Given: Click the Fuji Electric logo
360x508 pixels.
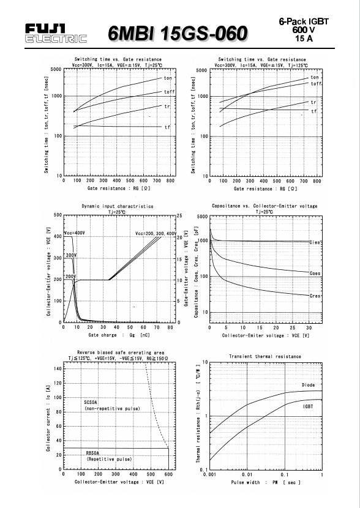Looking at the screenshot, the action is click(56, 34).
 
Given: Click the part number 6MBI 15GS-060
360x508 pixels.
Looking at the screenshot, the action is click(178, 34).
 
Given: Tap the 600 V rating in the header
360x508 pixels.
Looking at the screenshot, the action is click(304, 30).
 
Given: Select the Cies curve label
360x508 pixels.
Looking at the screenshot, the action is click(315, 242).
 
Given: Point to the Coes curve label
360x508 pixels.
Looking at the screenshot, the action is click(315, 273).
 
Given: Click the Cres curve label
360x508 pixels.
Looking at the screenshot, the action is click(315, 296).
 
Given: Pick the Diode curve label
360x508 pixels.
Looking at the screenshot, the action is click(308, 385).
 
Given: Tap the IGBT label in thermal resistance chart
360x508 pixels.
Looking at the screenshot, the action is click(308, 406).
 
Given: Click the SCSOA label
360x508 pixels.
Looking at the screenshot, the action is click(91, 402).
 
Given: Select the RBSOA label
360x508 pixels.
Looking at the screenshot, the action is click(93, 453).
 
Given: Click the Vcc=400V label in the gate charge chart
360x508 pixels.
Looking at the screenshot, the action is click(75, 233).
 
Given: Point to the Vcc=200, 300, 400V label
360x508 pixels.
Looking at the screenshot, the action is click(156, 234).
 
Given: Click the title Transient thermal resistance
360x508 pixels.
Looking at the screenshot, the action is click(265, 356).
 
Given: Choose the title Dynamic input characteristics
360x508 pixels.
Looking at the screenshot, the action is click(118, 206).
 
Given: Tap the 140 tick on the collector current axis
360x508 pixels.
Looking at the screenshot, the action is click(58, 368).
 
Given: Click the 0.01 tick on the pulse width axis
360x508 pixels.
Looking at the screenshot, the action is click(247, 474).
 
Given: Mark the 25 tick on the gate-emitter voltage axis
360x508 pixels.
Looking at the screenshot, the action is click(179, 215).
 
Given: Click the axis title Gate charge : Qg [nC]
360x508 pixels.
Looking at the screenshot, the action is click(119, 335).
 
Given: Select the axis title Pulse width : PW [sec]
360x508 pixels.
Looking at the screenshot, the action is click(266, 482).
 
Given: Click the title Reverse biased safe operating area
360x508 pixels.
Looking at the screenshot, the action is click(121, 353).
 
